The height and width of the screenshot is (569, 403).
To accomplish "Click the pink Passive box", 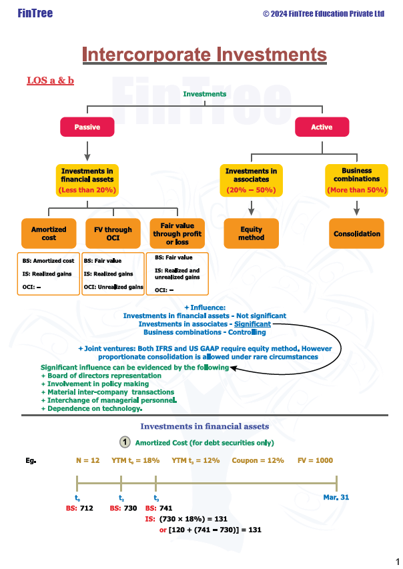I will point(87,127).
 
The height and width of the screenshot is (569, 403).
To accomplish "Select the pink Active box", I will point(322,127).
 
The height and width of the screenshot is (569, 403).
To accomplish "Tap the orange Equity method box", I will point(251,233).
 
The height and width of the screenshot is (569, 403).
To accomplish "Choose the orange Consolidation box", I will point(357,233).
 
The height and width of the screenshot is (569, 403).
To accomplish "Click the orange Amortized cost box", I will point(49,233).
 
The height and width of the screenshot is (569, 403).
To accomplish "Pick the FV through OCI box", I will point(113,233).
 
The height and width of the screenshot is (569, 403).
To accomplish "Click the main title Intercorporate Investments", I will point(204,55).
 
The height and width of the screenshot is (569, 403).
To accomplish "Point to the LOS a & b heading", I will point(50,81).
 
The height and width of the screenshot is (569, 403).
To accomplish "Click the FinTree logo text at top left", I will point(35,13).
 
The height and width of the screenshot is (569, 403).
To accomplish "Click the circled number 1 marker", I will point(125,442).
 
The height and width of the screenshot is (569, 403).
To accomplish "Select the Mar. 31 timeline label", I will point(336,497).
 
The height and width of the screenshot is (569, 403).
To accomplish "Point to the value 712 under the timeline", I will point(87,508).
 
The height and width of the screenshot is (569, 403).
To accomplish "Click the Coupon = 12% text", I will point(258,460).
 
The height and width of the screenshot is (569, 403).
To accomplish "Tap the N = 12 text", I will point(87,460).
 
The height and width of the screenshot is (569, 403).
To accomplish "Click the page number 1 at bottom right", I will point(398,561).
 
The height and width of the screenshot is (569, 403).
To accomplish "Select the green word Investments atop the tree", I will point(205,94).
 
